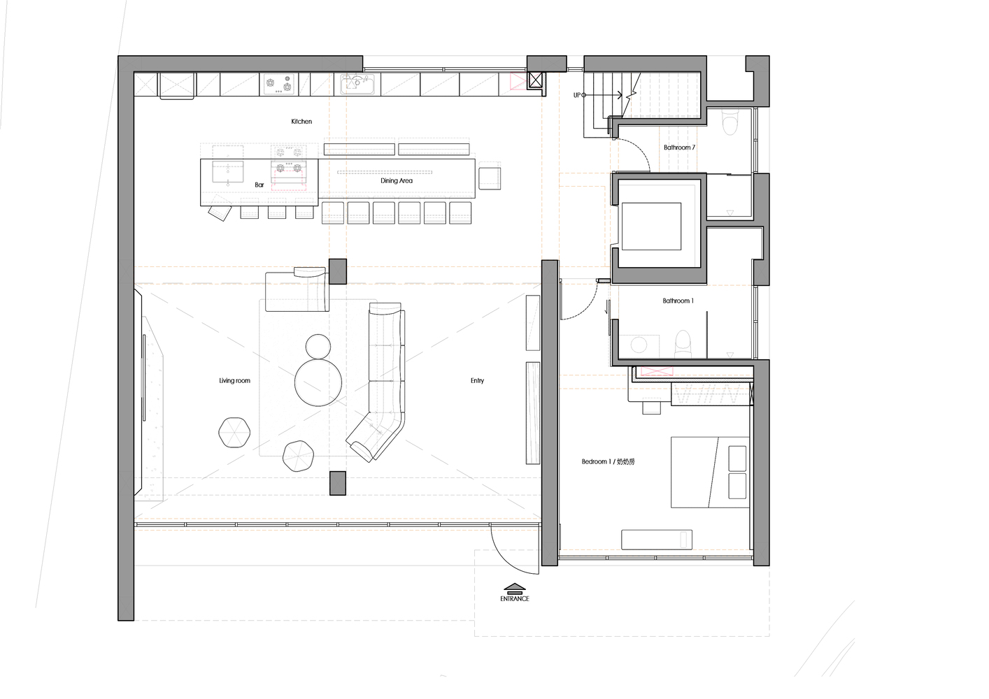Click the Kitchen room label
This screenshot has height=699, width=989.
301,122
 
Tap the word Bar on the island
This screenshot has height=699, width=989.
259,185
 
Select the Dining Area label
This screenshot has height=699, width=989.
397,180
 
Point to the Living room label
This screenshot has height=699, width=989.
234,380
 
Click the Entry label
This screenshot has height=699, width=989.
477,380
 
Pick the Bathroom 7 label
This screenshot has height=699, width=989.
679,147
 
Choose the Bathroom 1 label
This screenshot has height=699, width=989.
678,301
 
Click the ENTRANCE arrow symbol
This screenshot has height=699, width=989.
515,587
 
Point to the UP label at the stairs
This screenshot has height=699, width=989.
576,95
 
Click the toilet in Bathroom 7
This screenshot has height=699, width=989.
729,122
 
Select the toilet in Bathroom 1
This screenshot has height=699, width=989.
683,344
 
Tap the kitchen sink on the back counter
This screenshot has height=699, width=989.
357,84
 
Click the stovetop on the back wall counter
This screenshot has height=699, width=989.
279,84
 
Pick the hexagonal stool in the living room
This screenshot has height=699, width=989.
234,433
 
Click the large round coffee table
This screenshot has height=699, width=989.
318,382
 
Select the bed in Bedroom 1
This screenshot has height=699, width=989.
710,473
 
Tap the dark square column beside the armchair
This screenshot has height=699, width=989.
338,271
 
